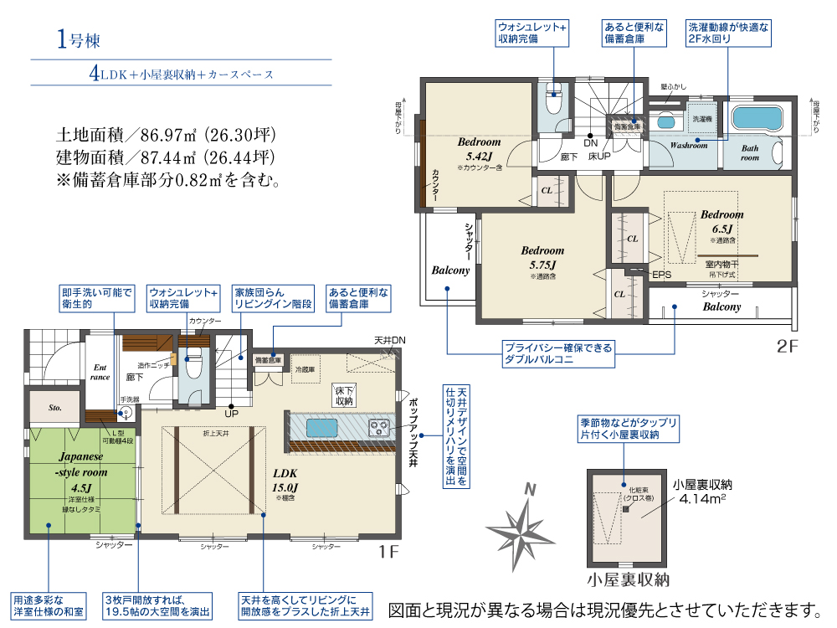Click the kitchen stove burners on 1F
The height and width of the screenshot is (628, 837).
(380, 428)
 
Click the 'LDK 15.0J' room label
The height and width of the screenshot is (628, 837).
(281, 479)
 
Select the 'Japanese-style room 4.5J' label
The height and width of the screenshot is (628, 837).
(81, 472)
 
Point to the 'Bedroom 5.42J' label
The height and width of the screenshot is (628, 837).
(479, 149)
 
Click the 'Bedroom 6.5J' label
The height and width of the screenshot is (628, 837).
(721, 221)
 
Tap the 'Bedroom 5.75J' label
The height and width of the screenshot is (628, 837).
(542, 257)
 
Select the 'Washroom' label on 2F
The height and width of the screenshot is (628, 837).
(689, 145)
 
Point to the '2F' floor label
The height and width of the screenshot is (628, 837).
(789, 345)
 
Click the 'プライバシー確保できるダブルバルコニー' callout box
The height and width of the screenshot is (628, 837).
(558, 352)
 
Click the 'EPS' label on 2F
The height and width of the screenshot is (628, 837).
(661, 274)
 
